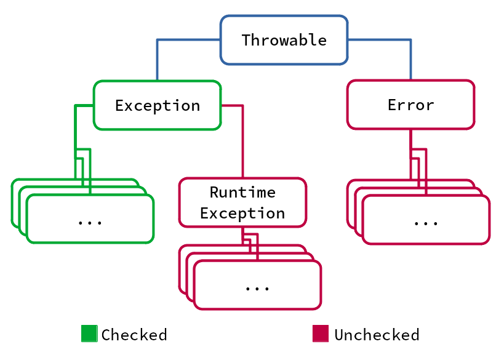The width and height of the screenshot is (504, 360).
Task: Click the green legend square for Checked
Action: coord(89,334)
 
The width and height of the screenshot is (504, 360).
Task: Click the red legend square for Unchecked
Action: coord(321,334)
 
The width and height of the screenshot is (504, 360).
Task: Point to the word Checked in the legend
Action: coord(134,335)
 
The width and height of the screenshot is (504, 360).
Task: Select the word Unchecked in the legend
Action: coord(377,335)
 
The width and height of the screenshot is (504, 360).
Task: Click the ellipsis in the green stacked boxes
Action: coord(90,222)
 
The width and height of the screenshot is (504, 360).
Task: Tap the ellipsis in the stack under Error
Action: coord(426,223)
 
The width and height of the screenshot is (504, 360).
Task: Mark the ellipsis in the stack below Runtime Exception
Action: coord(257,289)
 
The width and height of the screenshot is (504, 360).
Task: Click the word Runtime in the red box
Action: coord(242,192)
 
